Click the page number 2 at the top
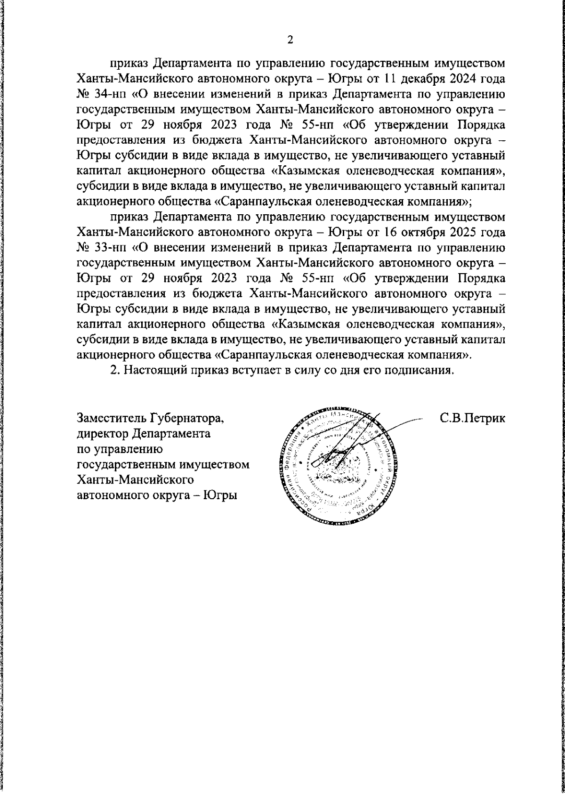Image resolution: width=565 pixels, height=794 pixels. coord(290,40)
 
